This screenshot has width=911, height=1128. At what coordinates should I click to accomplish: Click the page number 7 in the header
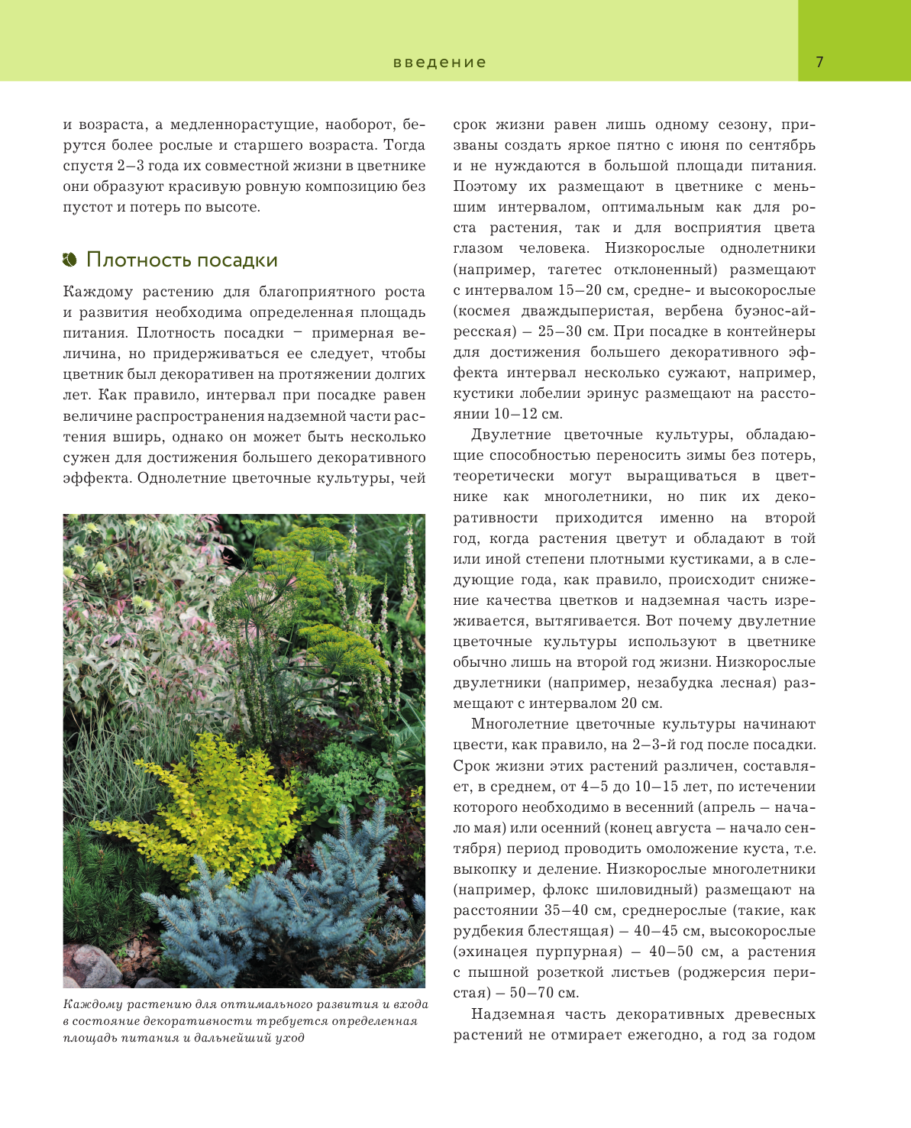819,63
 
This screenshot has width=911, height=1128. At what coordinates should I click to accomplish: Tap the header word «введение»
440,63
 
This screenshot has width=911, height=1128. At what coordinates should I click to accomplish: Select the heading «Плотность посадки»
182,260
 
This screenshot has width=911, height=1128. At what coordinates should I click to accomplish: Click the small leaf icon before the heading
70,260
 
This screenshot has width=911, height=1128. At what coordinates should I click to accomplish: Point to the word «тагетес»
574,270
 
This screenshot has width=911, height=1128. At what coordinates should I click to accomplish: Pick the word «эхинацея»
491,952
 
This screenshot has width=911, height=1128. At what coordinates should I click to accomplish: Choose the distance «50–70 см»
544,993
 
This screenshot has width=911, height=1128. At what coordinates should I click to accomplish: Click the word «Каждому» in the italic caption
92,1004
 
